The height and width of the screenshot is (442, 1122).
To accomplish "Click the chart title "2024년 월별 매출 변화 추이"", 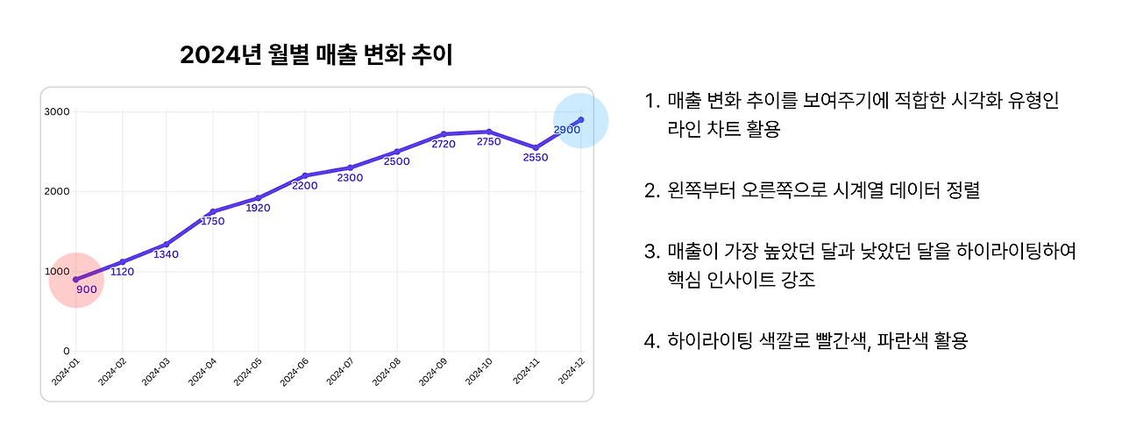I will click(316, 56).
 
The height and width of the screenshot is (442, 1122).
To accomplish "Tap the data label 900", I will click(86, 289).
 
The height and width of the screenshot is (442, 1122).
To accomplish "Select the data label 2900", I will click(567, 130).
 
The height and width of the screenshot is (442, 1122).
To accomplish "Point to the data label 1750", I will click(211, 222).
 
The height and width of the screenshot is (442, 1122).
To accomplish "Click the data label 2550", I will click(535, 158).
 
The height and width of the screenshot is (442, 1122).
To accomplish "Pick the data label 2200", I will click(303, 186).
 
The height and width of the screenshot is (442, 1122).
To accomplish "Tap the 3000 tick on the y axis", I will click(58, 111).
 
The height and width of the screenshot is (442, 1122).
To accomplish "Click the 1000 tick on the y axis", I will click(58, 271).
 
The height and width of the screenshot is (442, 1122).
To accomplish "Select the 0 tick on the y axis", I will click(67, 352).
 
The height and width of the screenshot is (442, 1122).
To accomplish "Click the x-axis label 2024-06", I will click(294, 373).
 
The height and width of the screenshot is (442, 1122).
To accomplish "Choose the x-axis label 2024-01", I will click(65, 373).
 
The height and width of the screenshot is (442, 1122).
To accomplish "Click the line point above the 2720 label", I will click(444, 134).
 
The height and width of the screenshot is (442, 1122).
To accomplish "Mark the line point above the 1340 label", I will click(167, 245).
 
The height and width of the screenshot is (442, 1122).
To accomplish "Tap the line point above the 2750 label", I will click(489, 132).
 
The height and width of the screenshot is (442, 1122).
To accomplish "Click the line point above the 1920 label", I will click(259, 198).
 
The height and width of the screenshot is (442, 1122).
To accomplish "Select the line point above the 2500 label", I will click(397, 152).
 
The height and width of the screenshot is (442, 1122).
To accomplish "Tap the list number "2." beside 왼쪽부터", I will click(652, 190).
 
